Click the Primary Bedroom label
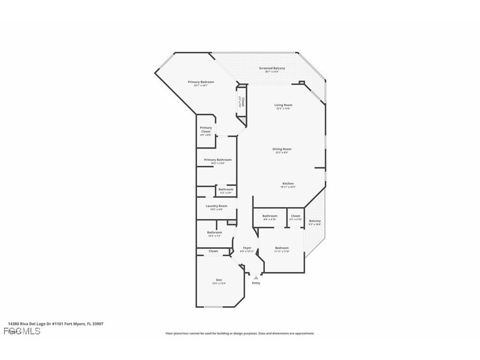click(201, 82)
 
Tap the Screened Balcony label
click(272, 68)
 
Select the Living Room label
click(283, 105)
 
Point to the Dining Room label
click(282, 149)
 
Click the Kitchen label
click(288, 184)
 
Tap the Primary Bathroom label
click(217, 160)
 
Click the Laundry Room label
click(216, 206)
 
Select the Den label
click(219, 280)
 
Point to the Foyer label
click(247, 248)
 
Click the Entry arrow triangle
click(256, 278)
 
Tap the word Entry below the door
click(256, 283)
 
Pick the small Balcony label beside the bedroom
click(315, 221)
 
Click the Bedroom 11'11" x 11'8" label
click(282, 248)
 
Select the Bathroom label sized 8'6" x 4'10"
click(270, 216)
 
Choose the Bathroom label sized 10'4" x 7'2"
click(214, 233)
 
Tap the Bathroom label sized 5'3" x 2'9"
click(225, 190)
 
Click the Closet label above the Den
click(213, 251)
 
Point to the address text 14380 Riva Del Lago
click(56, 324)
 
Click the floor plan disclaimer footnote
click(240, 333)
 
